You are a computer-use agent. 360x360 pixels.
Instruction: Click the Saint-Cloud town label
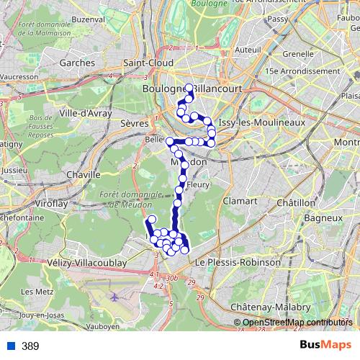(x=148, y=63)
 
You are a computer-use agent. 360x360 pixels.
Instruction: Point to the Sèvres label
(x=134, y=124)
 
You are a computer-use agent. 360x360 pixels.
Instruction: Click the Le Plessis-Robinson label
(x=238, y=263)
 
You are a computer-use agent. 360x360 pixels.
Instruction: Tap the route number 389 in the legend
(x=30, y=346)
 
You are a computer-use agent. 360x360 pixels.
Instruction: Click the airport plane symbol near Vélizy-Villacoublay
(x=114, y=296)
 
